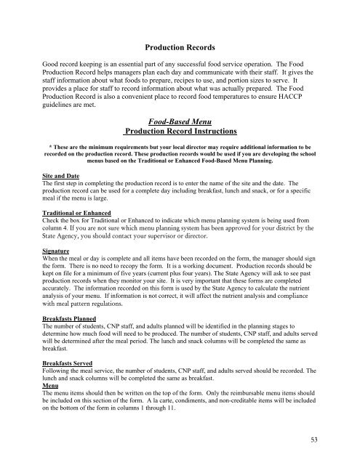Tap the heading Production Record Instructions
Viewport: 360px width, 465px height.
[x=179, y=133]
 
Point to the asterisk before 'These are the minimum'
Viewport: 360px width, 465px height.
[x=47, y=146]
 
